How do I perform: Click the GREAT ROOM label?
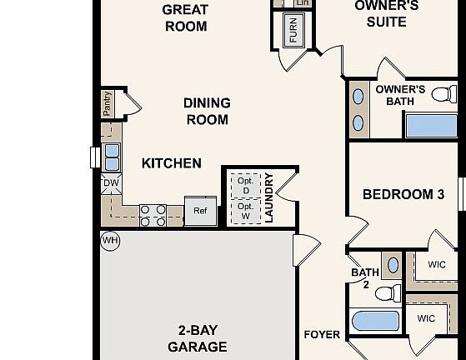(x=185, y=17)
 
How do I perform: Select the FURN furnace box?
(x=293, y=30)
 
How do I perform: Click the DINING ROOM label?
(x=206, y=111)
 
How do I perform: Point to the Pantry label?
(x=108, y=103)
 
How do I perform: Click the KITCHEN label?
(x=171, y=163)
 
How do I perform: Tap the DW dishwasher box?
(x=110, y=183)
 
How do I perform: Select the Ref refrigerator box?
(x=200, y=211)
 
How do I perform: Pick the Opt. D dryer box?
(x=245, y=185)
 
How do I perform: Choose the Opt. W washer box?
(x=245, y=210)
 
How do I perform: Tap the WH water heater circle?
(x=110, y=241)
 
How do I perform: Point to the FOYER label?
(x=321, y=335)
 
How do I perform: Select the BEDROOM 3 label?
(x=403, y=194)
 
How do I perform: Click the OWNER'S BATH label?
(x=400, y=95)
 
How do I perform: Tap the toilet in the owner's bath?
(x=445, y=92)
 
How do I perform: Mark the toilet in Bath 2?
(x=387, y=292)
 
